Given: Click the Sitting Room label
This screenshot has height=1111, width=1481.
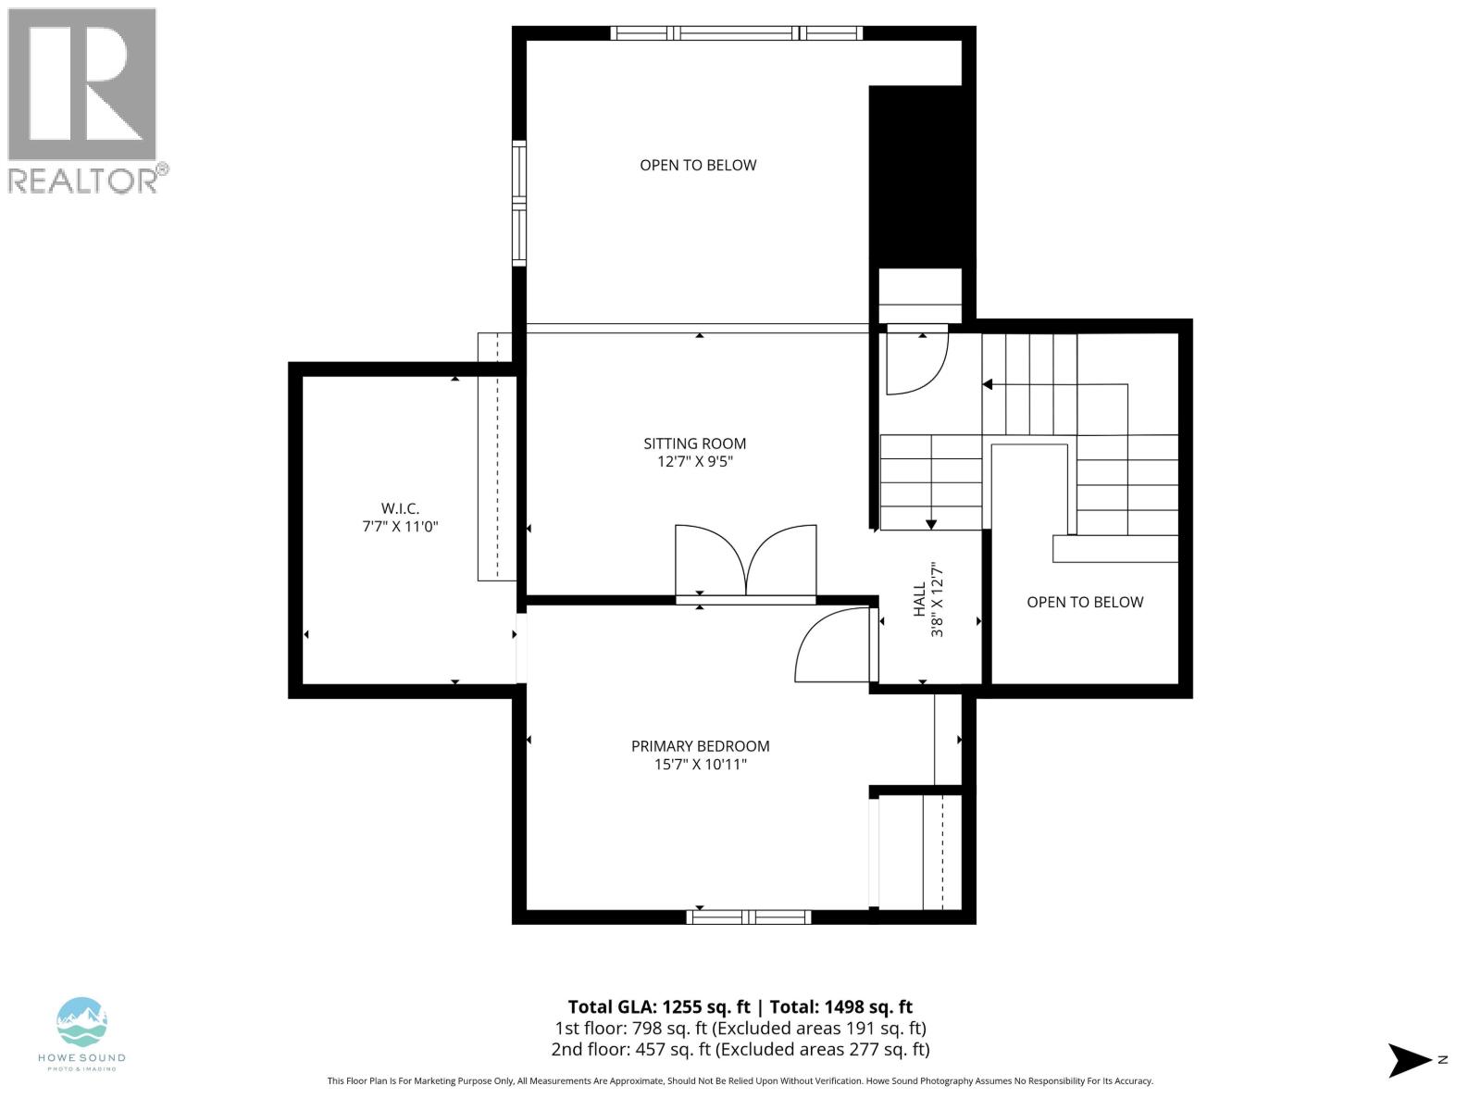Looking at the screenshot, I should pyautogui.click(x=694, y=443).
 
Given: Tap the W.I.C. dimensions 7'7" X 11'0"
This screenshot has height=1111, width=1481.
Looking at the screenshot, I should pyautogui.click(x=399, y=527).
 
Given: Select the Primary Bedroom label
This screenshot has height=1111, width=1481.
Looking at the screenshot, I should pyautogui.click(x=700, y=746).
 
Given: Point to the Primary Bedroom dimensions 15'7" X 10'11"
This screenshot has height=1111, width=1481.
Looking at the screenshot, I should pyautogui.click(x=700, y=765).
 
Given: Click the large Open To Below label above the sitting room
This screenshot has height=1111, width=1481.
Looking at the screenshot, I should pyautogui.click(x=698, y=166).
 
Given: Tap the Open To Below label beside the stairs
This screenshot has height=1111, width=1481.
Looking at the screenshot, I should pyautogui.click(x=1085, y=603).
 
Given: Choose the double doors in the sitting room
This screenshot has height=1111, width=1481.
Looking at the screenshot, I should pyautogui.click(x=746, y=561).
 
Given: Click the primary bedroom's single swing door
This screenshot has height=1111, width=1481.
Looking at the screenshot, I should pyautogui.click(x=831, y=644).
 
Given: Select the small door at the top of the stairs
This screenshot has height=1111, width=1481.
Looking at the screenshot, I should pyautogui.click(x=916, y=361).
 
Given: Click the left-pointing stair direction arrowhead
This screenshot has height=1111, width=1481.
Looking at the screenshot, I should pyautogui.click(x=988, y=384).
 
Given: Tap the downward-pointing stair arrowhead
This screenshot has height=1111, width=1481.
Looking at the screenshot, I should pyautogui.click(x=931, y=524).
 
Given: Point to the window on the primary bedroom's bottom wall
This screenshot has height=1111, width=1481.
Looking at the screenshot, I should pyautogui.click(x=749, y=917).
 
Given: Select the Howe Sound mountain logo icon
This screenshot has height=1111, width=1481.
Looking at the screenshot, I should pyautogui.click(x=82, y=1022).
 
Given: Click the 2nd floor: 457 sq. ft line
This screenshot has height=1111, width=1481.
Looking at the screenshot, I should pyautogui.click(x=740, y=1049).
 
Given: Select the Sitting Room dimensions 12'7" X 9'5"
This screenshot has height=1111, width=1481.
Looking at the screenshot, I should pyautogui.click(x=694, y=462).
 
